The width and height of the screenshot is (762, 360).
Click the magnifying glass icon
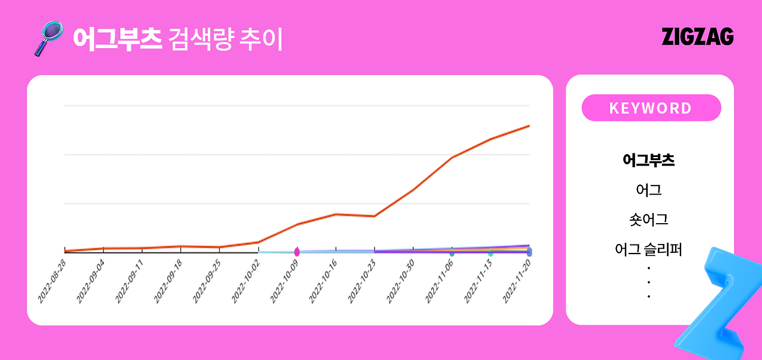coord(48,37)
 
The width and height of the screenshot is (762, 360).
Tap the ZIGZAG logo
coord(697,37)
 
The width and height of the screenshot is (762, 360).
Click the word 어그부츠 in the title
coord(117,39)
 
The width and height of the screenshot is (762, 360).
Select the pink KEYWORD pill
coord(651,108)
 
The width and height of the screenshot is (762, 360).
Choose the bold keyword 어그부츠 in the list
coord(648,160)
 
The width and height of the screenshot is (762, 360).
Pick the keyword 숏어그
coord(648,220)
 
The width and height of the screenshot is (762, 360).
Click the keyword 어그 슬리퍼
coord(648,249)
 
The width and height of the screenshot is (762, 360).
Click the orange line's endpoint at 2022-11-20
coord(529,126)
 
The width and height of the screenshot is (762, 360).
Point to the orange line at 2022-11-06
coord(452,158)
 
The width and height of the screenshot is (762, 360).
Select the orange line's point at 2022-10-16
coord(336,214)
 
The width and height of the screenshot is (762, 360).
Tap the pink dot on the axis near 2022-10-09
coord(297,252)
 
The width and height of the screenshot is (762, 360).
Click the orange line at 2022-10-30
coord(413,190)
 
